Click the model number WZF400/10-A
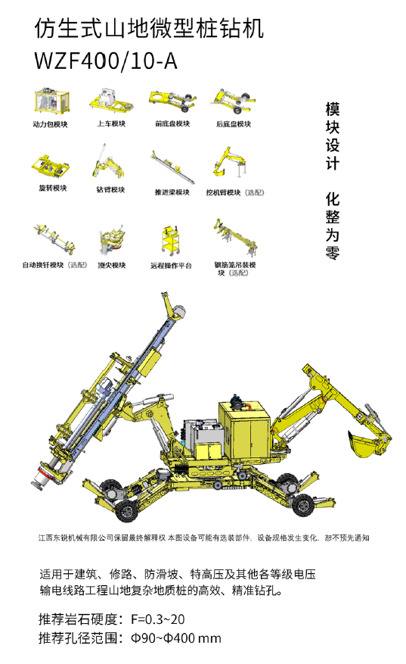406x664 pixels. (105, 61)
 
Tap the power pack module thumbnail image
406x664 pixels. (51, 101)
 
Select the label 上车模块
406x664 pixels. (111, 123)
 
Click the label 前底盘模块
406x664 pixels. (172, 123)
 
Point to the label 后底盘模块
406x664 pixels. (234, 124)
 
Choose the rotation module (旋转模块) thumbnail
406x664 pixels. (51, 167)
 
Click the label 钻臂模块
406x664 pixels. (110, 189)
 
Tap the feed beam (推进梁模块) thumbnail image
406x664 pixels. (172, 167)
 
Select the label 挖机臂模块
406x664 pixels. (223, 192)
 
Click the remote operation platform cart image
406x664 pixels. (171, 241)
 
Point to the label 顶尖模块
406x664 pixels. (112, 265)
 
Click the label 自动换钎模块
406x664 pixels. (42, 265)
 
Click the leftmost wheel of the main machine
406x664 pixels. (127, 511)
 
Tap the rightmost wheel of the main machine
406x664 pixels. (304, 504)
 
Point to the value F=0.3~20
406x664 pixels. (158, 619)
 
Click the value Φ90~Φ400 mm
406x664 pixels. (176, 638)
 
